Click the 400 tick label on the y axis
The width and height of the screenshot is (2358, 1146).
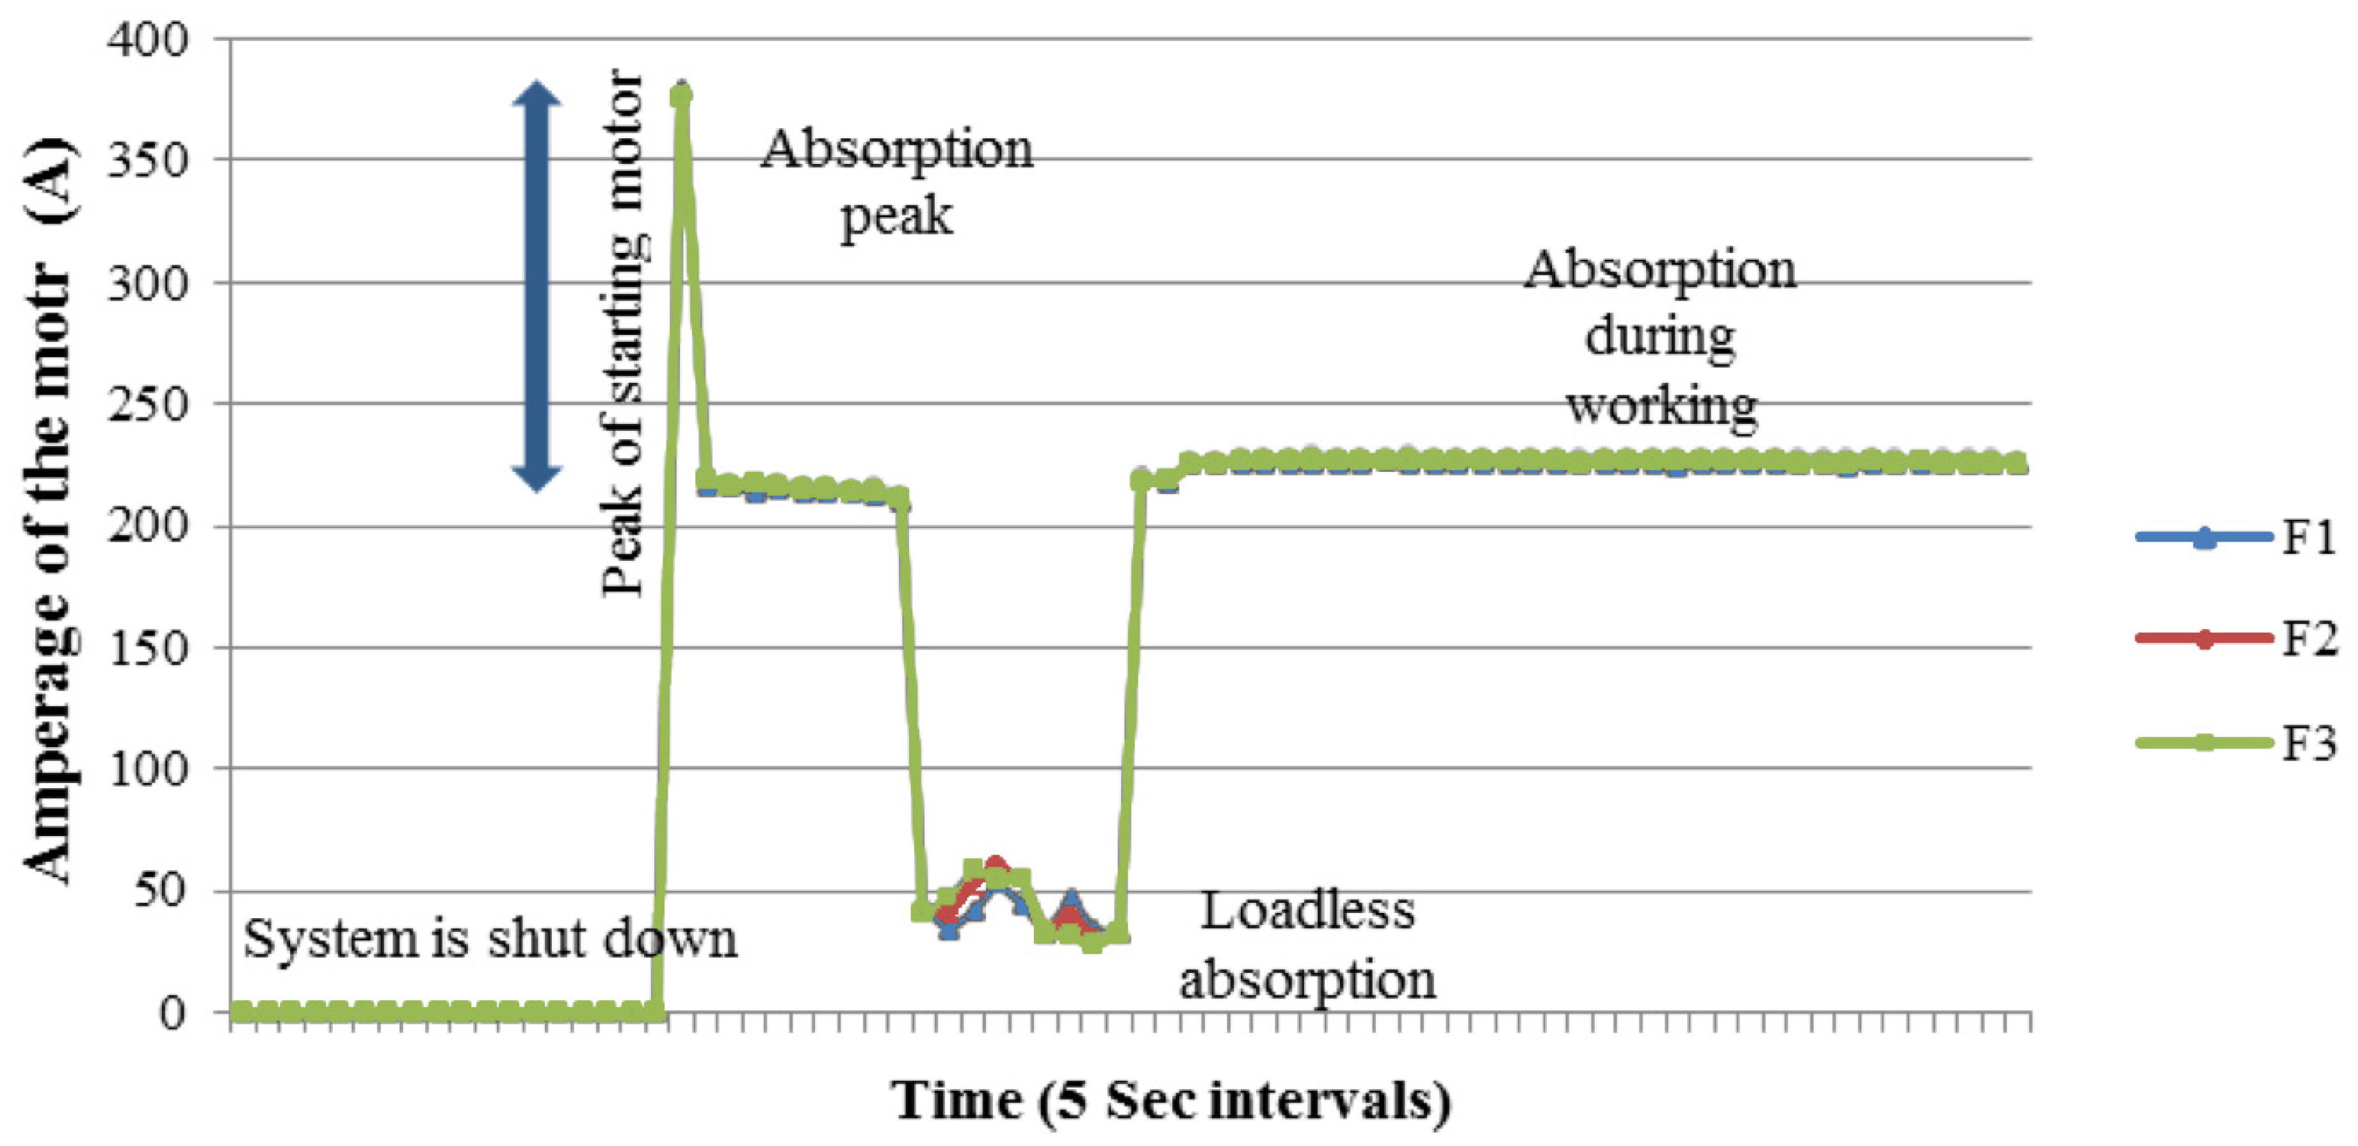point(147,40)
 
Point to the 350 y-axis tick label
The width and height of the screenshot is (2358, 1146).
point(147,161)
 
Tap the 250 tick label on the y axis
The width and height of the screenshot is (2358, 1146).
point(147,405)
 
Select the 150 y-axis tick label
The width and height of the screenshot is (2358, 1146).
point(147,648)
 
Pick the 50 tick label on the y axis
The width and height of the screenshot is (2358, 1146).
point(159,891)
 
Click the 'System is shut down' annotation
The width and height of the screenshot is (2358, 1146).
point(490,940)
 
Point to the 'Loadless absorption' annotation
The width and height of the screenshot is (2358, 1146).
point(1307,946)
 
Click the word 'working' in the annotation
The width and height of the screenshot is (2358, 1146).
point(1661,405)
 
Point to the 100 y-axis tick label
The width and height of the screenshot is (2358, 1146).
point(147,769)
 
